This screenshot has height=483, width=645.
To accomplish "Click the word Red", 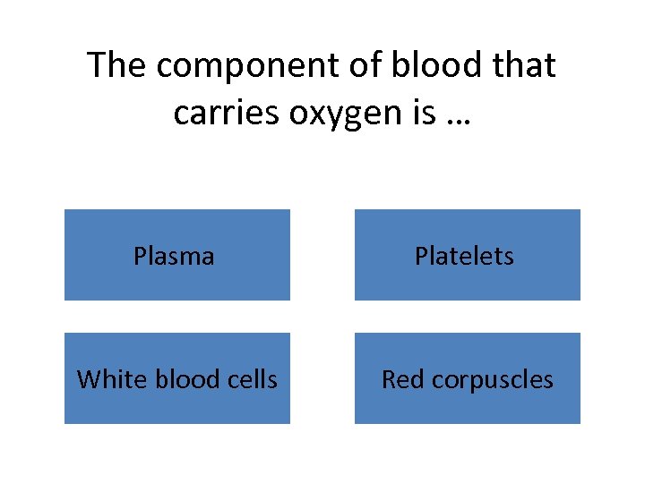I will click(402, 379).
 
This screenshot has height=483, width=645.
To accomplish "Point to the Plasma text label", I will click(174, 256).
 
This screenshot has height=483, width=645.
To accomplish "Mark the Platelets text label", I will click(464, 256).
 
